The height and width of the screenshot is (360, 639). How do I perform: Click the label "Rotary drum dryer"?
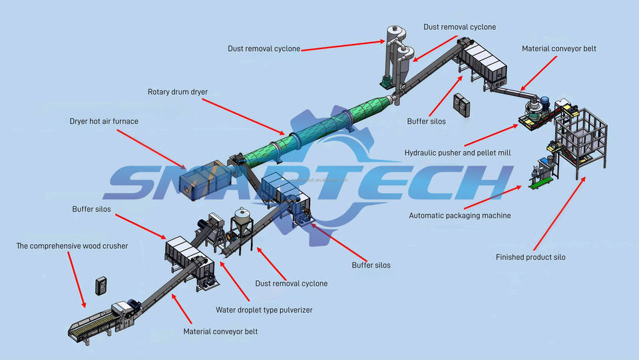click(178, 92)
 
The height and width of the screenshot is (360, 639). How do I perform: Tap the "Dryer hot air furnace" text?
click(104, 121)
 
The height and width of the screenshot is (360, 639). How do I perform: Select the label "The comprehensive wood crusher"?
click(72, 246)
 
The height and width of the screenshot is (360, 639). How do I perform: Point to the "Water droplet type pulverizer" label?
click(264, 310)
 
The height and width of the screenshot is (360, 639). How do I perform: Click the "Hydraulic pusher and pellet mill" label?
click(458, 152)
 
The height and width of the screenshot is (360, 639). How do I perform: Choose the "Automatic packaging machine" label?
click(460, 216)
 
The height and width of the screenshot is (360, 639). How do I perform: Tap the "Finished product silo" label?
click(531, 257)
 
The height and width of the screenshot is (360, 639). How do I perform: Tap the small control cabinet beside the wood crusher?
click(101, 285)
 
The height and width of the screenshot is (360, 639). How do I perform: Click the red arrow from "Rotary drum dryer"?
click(244, 117)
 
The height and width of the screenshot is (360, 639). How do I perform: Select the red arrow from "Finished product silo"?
click(560, 214)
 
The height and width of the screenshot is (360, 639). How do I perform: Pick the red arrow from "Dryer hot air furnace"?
click(152, 149)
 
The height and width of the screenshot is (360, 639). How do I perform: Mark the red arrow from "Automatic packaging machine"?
click(493, 198)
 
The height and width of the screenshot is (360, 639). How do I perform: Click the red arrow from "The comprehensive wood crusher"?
click(77, 279)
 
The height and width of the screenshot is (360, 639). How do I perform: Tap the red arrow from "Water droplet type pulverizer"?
click(235, 281)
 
